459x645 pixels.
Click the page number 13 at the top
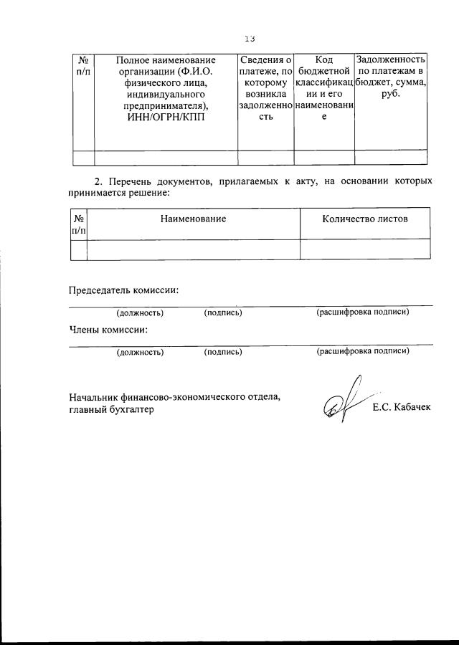coord(250,39)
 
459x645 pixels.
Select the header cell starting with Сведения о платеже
coord(265,94)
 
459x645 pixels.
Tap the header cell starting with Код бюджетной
coord(324,94)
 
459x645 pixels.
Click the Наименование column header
coord(194,219)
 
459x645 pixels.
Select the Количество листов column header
coord(366,219)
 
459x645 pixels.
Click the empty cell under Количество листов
coord(366,249)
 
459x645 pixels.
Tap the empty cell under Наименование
coord(194,249)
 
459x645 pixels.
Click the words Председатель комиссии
coord(123,290)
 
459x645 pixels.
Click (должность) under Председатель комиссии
coord(140,312)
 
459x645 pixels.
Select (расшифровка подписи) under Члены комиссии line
coord(363,351)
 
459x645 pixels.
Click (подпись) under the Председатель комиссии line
coord(223,312)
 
